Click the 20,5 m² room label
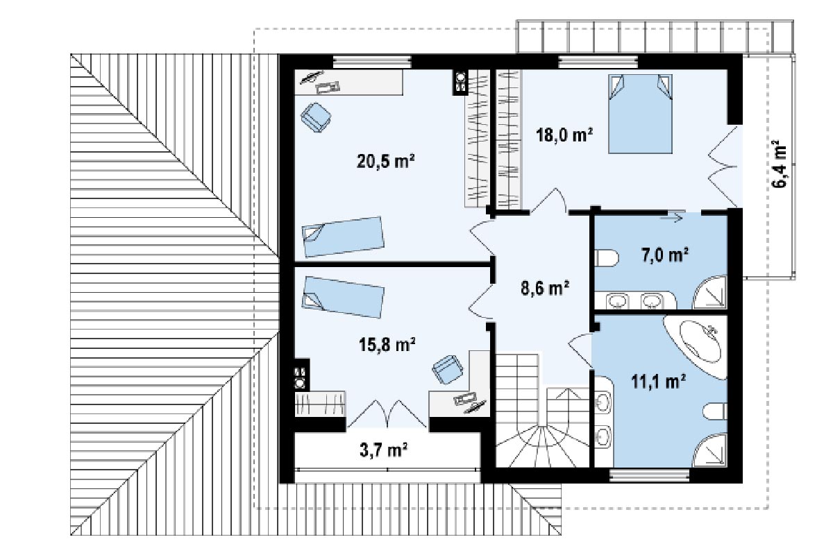click(x=386, y=161)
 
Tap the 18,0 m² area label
click(x=564, y=135)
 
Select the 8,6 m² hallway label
click(x=545, y=287)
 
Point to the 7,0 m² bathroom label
click(x=664, y=255)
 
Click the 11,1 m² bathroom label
click(x=659, y=381)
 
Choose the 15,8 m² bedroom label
click(x=387, y=344)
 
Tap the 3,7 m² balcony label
click(x=383, y=450)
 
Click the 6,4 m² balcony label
click(x=780, y=164)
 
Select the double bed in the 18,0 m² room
click(x=640, y=114)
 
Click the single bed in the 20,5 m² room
click(x=343, y=237)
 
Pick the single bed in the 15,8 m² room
click(x=343, y=297)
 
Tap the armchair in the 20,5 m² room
click(x=316, y=117)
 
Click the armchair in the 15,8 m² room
click(x=448, y=369)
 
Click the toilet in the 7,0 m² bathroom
click(x=606, y=257)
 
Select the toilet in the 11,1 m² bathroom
click(x=715, y=411)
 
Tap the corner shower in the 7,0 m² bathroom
click(x=710, y=292)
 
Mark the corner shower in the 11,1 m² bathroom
click(x=710, y=450)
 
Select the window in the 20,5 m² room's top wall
click(x=372, y=62)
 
